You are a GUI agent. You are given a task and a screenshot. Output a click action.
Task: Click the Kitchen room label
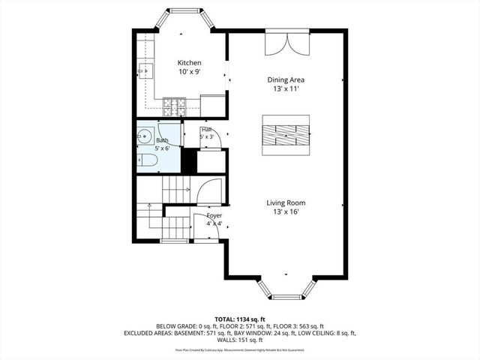(x=189, y=62)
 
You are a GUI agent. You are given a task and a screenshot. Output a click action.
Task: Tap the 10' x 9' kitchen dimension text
(x=189, y=71)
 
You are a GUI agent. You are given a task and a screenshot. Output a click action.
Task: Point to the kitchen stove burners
(x=175, y=105)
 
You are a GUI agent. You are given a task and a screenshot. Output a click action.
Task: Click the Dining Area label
(x=286, y=79)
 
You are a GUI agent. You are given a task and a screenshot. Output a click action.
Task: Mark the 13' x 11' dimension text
(x=286, y=88)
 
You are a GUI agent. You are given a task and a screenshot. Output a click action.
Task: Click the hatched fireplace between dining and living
(x=285, y=134)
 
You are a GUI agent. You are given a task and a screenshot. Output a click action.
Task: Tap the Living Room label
(x=286, y=202)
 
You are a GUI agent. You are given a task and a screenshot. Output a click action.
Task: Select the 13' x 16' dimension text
(x=286, y=212)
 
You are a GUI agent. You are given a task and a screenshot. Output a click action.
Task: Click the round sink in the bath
(x=144, y=138)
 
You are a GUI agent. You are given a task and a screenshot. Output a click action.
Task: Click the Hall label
(x=206, y=130)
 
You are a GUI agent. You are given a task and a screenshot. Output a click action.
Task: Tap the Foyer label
(x=214, y=214)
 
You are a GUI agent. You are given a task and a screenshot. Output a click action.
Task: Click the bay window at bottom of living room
(x=285, y=292)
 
